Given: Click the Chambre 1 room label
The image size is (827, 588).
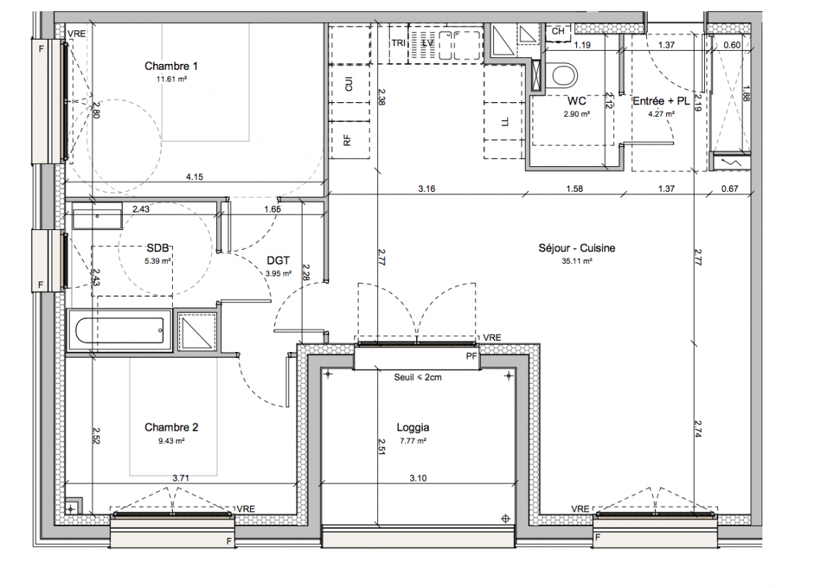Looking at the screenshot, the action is tap(171, 66).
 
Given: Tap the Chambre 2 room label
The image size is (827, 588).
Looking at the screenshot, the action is tap(171, 427).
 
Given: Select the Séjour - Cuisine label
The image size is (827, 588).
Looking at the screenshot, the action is tap(576, 248).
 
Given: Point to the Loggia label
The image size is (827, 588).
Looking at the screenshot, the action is tap(413, 427).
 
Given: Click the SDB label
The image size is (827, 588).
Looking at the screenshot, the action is tap(158, 248).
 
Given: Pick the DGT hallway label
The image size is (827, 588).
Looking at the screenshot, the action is tap(278, 260).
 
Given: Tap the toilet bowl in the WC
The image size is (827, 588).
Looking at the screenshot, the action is tap(563, 75).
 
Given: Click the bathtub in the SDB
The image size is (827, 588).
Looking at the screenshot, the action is tap(120, 331).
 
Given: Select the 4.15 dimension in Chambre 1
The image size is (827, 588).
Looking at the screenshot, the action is tap(195, 176).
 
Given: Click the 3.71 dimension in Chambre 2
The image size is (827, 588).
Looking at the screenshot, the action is tap(180, 478).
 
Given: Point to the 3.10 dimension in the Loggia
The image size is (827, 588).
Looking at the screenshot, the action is tap(418, 478).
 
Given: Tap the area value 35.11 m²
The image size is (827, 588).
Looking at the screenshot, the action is tap(576, 260).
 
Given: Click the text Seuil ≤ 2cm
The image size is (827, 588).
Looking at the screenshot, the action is tap(418, 377).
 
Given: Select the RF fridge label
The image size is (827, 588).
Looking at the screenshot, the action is tap(347, 140).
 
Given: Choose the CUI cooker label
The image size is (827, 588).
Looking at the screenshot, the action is tap(348, 83).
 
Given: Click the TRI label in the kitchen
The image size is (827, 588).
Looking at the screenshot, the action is tap(398, 43).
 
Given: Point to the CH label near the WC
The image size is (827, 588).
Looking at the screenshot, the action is tap(558, 31).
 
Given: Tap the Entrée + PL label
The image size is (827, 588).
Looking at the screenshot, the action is tap(661, 101).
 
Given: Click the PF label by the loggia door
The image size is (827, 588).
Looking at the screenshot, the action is tap(471, 356).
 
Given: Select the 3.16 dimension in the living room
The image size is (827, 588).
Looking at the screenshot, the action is tap(426, 188).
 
